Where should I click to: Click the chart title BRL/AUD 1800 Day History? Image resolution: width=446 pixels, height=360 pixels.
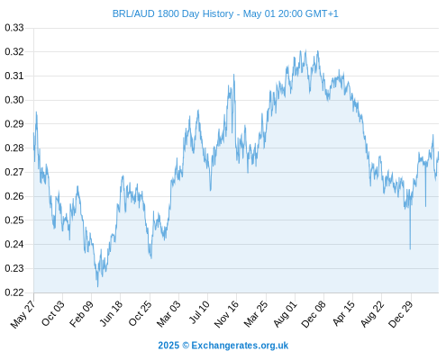point(173,13)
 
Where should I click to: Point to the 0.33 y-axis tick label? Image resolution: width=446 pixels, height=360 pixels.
point(14,28)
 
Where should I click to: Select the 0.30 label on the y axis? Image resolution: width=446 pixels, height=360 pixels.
point(14,100)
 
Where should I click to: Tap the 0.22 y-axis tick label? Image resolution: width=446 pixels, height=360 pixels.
point(14,292)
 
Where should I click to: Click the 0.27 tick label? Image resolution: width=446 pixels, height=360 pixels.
point(14,172)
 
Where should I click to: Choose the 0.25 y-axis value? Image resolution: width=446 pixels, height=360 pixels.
point(14,220)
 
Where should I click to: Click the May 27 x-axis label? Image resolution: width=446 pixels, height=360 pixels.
point(23,314)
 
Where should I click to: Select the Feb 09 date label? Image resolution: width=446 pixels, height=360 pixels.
point(81,314)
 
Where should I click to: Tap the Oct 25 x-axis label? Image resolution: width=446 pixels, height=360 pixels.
point(140,314)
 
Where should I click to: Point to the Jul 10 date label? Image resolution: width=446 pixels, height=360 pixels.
point(199,312)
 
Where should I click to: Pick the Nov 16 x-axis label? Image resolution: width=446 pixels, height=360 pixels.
point(226,314)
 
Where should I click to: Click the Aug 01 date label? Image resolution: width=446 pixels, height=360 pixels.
point(285,314)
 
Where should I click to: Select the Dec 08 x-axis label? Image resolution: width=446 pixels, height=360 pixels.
point(314,314)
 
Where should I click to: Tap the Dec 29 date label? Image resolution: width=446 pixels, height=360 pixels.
point(401,314)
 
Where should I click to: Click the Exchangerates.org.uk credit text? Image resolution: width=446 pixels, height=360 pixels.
point(240,346)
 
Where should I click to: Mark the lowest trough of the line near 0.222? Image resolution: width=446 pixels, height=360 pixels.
point(97,286)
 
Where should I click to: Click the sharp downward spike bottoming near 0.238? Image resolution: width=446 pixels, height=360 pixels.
point(410,248)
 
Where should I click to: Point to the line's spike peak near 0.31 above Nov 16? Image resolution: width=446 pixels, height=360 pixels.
point(233,75)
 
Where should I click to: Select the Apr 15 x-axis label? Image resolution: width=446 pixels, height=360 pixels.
point(343,313)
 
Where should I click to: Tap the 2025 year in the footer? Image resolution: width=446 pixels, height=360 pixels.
point(168,346)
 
